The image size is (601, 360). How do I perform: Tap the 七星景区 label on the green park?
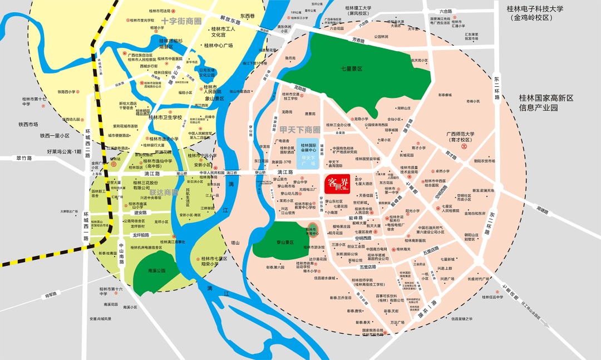click(352, 69)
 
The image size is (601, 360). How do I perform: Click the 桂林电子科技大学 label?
click(535, 9)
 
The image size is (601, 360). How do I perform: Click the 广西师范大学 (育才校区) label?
click(460, 137)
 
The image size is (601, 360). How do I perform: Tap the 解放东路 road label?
click(230, 21)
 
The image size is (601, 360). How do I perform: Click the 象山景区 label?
click(214, 98)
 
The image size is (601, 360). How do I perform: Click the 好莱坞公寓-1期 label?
click(64, 151)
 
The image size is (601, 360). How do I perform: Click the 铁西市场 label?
click(28, 124)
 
